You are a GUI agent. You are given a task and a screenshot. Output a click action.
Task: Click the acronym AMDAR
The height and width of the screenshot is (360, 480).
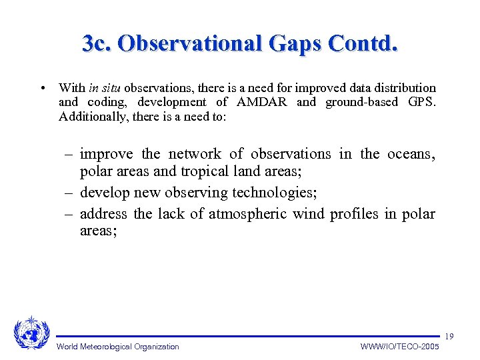262,102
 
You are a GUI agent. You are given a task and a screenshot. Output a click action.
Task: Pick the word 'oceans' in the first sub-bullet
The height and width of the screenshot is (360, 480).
410,154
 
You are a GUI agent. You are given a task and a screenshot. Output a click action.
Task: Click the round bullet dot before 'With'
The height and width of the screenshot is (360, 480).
43,88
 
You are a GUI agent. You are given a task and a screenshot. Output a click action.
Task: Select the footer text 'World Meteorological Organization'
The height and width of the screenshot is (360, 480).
118,347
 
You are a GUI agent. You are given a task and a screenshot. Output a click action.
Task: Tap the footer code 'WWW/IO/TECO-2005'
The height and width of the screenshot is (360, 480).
399,347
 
